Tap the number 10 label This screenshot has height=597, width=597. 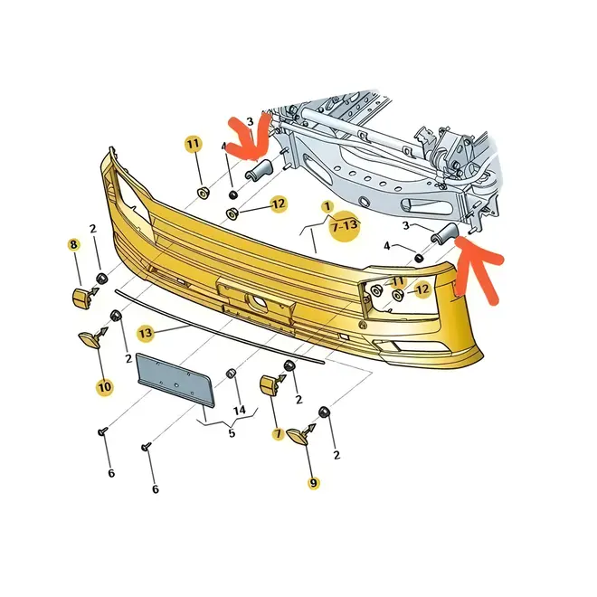[105, 387]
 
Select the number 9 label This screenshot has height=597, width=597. [313, 483]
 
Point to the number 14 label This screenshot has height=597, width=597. [240, 411]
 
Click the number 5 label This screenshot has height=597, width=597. [232, 433]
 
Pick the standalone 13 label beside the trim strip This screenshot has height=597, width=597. [146, 334]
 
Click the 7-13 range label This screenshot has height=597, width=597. [345, 226]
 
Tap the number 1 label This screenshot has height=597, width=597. [327, 207]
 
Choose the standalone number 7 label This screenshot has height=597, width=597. [278, 433]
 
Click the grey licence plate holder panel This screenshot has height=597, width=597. [175, 379]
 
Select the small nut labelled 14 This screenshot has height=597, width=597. [231, 374]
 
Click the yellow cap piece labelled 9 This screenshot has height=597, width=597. [298, 436]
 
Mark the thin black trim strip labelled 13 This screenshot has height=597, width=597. [219, 327]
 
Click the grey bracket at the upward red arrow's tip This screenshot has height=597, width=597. [444, 232]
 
